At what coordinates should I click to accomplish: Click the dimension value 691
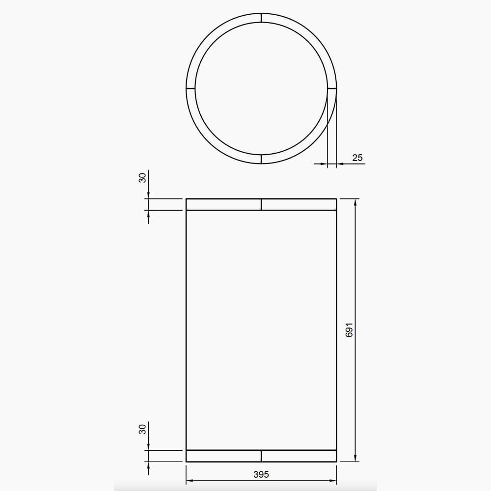349,329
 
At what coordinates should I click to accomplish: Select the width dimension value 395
261,474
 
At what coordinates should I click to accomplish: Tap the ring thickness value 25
357,158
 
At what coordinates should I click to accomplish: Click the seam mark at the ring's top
261,18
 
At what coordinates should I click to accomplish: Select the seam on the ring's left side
191,88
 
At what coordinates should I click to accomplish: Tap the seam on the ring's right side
332,88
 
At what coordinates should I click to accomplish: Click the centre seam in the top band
261,204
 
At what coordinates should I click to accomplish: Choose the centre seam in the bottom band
261,456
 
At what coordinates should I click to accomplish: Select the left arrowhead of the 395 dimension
190,481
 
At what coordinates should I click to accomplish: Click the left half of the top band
223,204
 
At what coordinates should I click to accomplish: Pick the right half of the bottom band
299,456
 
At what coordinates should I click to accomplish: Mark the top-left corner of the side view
186,199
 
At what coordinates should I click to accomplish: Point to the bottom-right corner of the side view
336,462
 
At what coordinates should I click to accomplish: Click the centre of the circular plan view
261,88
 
